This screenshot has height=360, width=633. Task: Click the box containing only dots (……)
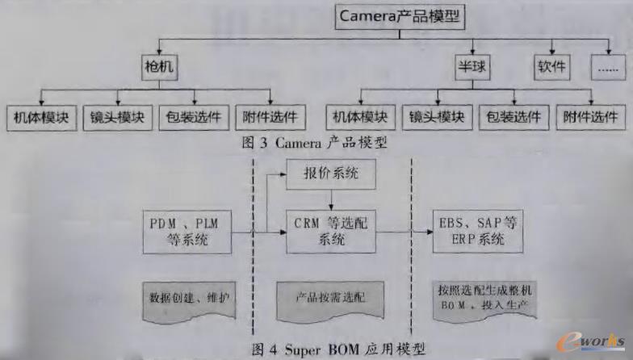pyautogui.click(x=609, y=68)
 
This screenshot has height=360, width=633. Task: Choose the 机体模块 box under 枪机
pyautogui.click(x=40, y=118)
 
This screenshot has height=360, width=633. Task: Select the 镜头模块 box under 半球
pyautogui.click(x=436, y=118)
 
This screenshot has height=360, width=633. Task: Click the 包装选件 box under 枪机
pyautogui.click(x=191, y=118)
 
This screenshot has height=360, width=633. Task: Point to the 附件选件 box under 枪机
pyautogui.click(x=269, y=118)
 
